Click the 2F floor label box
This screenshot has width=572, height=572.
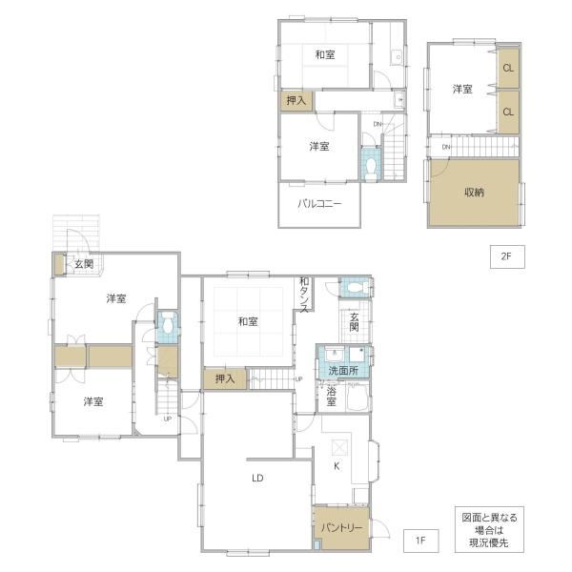(507, 256)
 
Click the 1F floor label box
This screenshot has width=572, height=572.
(421, 541)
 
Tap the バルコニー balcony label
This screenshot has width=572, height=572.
(319, 204)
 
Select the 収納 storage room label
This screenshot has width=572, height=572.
(474, 193)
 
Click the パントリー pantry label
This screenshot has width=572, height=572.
(342, 528)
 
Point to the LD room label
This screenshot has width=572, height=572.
(257, 478)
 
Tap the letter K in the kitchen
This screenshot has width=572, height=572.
(337, 466)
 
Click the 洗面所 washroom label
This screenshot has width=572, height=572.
(343, 371)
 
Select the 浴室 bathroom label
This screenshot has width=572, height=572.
(331, 397)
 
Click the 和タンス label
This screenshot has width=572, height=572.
(304, 295)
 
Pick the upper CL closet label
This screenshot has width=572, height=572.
(508, 68)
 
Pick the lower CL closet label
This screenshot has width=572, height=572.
(508, 112)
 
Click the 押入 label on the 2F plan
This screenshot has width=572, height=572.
(296, 100)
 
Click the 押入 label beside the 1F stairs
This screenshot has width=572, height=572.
(225, 378)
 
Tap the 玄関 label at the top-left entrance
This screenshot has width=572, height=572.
(84, 264)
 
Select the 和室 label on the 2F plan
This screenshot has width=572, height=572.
(325, 54)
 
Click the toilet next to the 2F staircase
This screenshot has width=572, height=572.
(371, 169)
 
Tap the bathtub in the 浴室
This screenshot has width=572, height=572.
(357, 397)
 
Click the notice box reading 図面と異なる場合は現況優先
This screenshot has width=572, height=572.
(490, 529)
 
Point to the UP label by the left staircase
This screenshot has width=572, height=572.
(168, 419)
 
